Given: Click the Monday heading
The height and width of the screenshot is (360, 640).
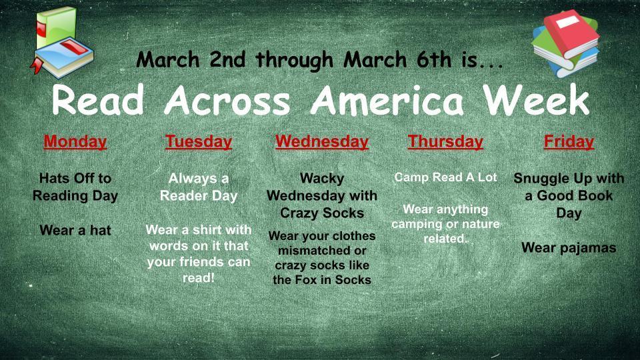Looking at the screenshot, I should point(75,142).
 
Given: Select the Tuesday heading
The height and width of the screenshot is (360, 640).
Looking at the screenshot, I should point(199,142).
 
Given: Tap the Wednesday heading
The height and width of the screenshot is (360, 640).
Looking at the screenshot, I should point(321,142).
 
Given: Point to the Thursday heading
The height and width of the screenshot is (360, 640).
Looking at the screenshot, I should point(445,142).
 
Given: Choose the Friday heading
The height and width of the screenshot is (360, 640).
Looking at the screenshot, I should point(569,142).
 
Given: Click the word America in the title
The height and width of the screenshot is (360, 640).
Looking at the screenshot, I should point(387,101).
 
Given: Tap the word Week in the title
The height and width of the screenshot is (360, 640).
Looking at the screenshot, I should point(537,101).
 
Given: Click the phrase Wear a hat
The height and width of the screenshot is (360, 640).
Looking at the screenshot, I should point(75,231).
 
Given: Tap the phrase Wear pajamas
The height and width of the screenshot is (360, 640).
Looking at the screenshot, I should point(569,248).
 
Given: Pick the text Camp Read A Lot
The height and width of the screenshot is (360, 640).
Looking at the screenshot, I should point(445,178).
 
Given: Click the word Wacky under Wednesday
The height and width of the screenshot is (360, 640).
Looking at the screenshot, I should point(322,179).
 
